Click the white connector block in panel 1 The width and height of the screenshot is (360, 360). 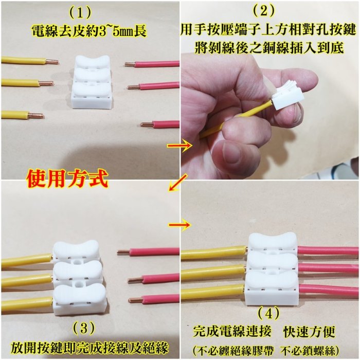pos(93,82)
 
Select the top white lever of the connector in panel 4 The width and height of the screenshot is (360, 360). pos(273,241)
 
